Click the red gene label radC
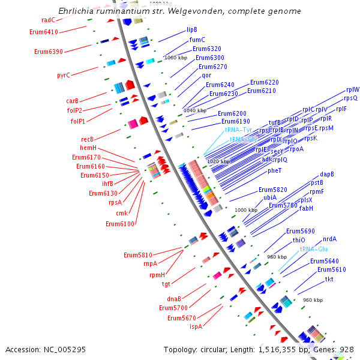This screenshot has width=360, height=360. coord(49,20)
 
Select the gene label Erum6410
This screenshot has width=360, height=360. coord(44,32)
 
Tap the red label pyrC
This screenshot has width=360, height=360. coord(64,75)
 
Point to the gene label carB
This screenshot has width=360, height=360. coord(72,101)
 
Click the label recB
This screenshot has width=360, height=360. coord(88,139)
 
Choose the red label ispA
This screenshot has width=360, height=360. coord(196,326)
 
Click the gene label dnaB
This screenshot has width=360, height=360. coord(174,299)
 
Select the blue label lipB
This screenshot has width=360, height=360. coord(192,29)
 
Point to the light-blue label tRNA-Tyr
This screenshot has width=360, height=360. coord(238,130)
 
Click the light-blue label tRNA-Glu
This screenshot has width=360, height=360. coord(314,248)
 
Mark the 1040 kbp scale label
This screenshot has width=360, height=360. coord(195,110)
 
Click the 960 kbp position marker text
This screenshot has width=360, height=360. coord(313,299)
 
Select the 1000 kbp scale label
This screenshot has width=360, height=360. coord(245,210)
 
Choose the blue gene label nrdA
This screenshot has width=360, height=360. coord(329,239)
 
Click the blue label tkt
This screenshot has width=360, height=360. coord(329,279)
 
